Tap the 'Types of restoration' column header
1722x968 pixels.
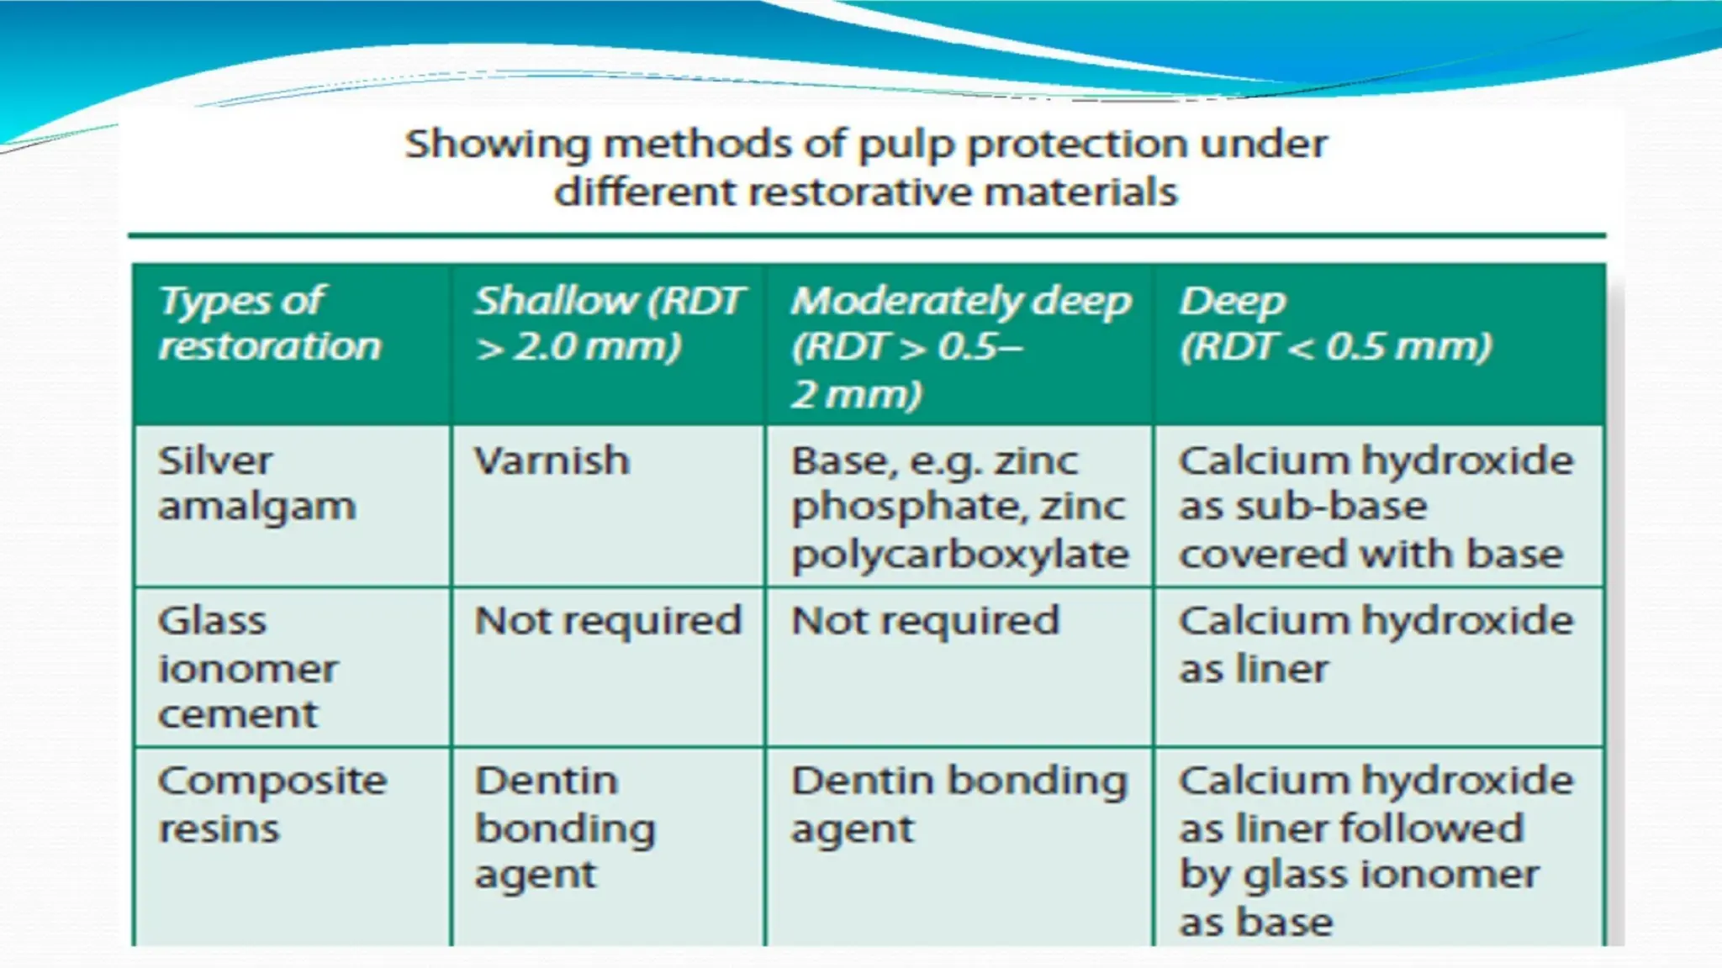(269, 324)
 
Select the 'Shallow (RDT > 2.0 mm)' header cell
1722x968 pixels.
(608, 324)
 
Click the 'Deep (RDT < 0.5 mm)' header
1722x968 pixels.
(1335, 324)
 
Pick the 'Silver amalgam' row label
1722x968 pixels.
(256, 483)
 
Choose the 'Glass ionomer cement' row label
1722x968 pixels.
(248, 667)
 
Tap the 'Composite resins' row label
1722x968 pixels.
(272, 804)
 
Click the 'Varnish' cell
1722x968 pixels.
(552, 460)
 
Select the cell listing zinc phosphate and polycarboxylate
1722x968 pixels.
(959, 507)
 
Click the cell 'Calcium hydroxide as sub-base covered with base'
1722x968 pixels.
(1376, 507)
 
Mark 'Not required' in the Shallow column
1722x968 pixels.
(608, 622)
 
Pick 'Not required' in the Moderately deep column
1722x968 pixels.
(925, 622)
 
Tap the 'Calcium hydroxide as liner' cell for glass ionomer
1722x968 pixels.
(1376, 644)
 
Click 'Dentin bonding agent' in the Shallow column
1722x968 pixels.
(565, 828)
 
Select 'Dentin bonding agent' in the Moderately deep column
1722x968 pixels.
(959, 804)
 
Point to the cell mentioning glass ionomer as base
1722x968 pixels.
(1376, 850)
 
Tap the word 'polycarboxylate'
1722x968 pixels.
(959, 555)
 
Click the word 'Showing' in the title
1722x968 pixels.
(498, 145)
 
